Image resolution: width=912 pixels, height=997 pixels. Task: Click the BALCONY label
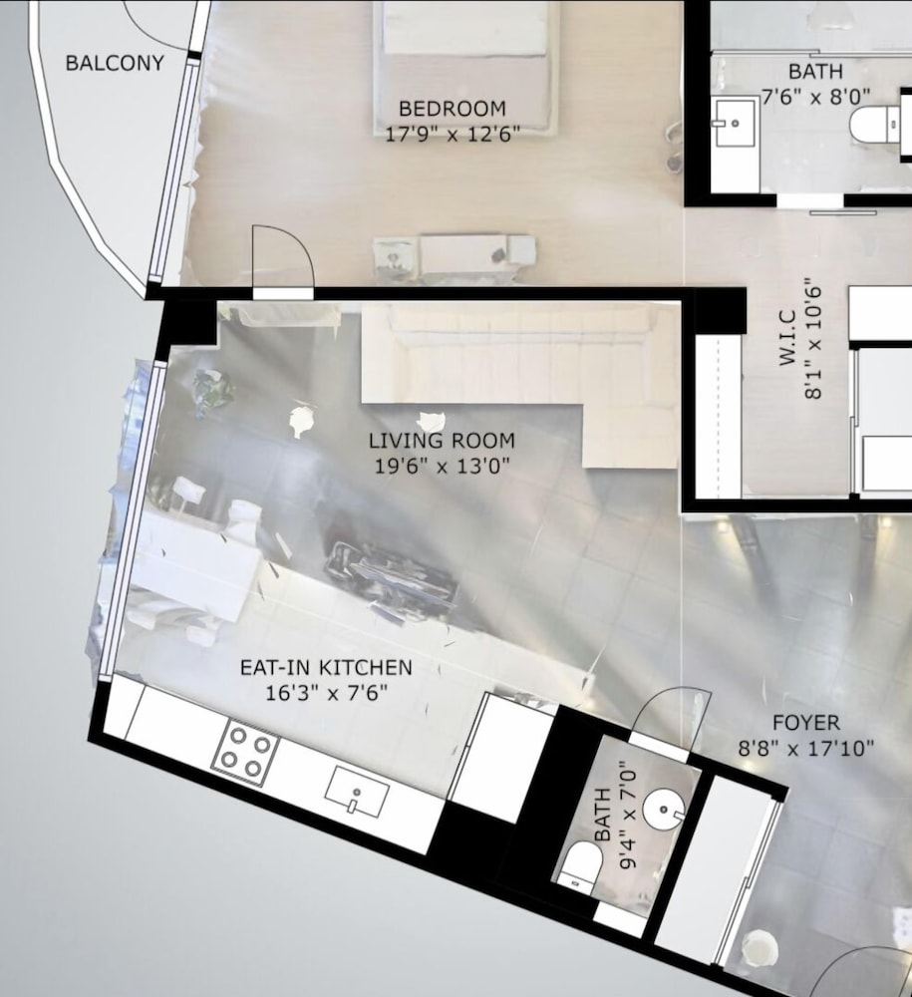click(115, 63)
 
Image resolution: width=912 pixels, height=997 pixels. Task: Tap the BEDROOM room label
click(453, 109)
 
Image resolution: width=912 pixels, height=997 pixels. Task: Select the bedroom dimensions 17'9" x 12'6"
click(453, 135)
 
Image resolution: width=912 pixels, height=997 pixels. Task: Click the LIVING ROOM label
click(442, 440)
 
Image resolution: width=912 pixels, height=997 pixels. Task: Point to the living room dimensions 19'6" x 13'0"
click(442, 466)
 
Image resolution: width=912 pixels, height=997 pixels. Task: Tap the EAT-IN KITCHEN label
click(326, 667)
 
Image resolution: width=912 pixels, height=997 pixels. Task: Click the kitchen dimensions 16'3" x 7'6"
click(326, 693)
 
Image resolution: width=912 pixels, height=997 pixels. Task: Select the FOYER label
click(806, 722)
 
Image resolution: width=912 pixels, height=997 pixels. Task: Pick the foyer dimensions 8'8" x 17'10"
click(806, 749)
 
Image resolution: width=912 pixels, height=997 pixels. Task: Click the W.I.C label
click(788, 337)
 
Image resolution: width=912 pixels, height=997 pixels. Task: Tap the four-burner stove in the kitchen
click(245, 754)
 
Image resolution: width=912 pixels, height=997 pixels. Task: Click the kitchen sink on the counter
click(357, 792)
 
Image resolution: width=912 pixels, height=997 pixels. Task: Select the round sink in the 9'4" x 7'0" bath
click(664, 810)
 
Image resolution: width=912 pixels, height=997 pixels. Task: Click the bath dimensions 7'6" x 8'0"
click(816, 97)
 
